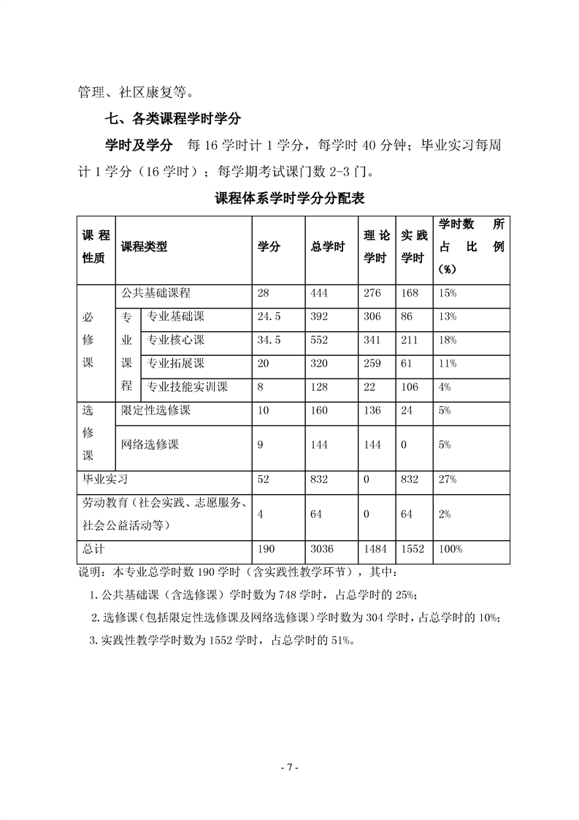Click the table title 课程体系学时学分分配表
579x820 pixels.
click(289, 199)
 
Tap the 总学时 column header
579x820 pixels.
click(328, 247)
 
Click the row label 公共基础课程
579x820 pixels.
click(156, 293)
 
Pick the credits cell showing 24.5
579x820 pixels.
click(269, 316)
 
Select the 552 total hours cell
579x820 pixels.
click(321, 340)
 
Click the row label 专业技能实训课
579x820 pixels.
click(188, 387)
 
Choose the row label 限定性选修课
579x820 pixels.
click(156, 410)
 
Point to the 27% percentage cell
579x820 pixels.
click(448, 479)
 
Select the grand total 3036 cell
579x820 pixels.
click(323, 550)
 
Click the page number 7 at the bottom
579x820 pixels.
click(289, 767)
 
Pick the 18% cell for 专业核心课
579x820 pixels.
click(448, 340)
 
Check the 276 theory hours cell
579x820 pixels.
click(372, 293)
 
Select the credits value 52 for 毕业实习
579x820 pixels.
click(264, 479)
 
